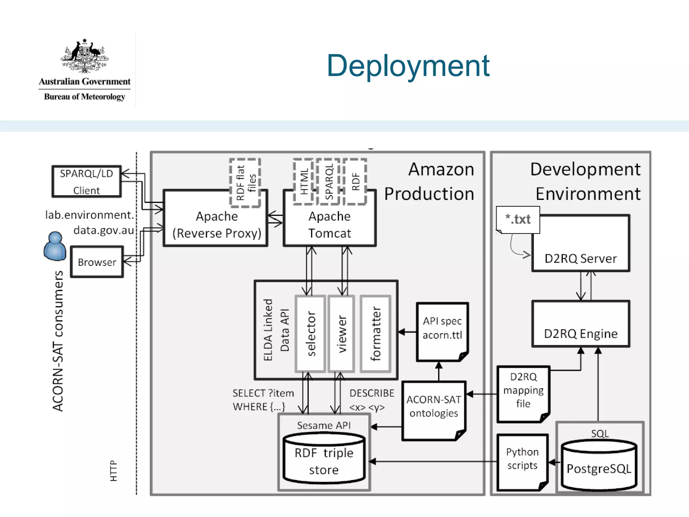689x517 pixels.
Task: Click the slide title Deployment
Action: click(408, 66)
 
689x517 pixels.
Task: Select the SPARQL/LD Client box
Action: click(86, 181)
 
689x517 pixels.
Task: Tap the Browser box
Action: click(97, 262)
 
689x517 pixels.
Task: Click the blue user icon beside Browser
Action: click(55, 246)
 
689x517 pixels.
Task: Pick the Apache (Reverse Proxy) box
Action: click(216, 225)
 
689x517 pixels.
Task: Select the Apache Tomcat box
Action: click(329, 225)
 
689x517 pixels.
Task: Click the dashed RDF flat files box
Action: click(245, 183)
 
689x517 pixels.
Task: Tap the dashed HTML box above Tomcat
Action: click(303, 182)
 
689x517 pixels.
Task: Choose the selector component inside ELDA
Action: click(311, 334)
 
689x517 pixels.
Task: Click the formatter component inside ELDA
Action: click(375, 334)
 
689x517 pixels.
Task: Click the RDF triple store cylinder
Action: click(324, 460)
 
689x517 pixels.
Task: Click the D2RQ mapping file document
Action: click(523, 392)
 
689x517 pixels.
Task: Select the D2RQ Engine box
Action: click(581, 324)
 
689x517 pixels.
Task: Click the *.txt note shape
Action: click(518, 220)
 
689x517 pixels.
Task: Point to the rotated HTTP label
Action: click(114, 471)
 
